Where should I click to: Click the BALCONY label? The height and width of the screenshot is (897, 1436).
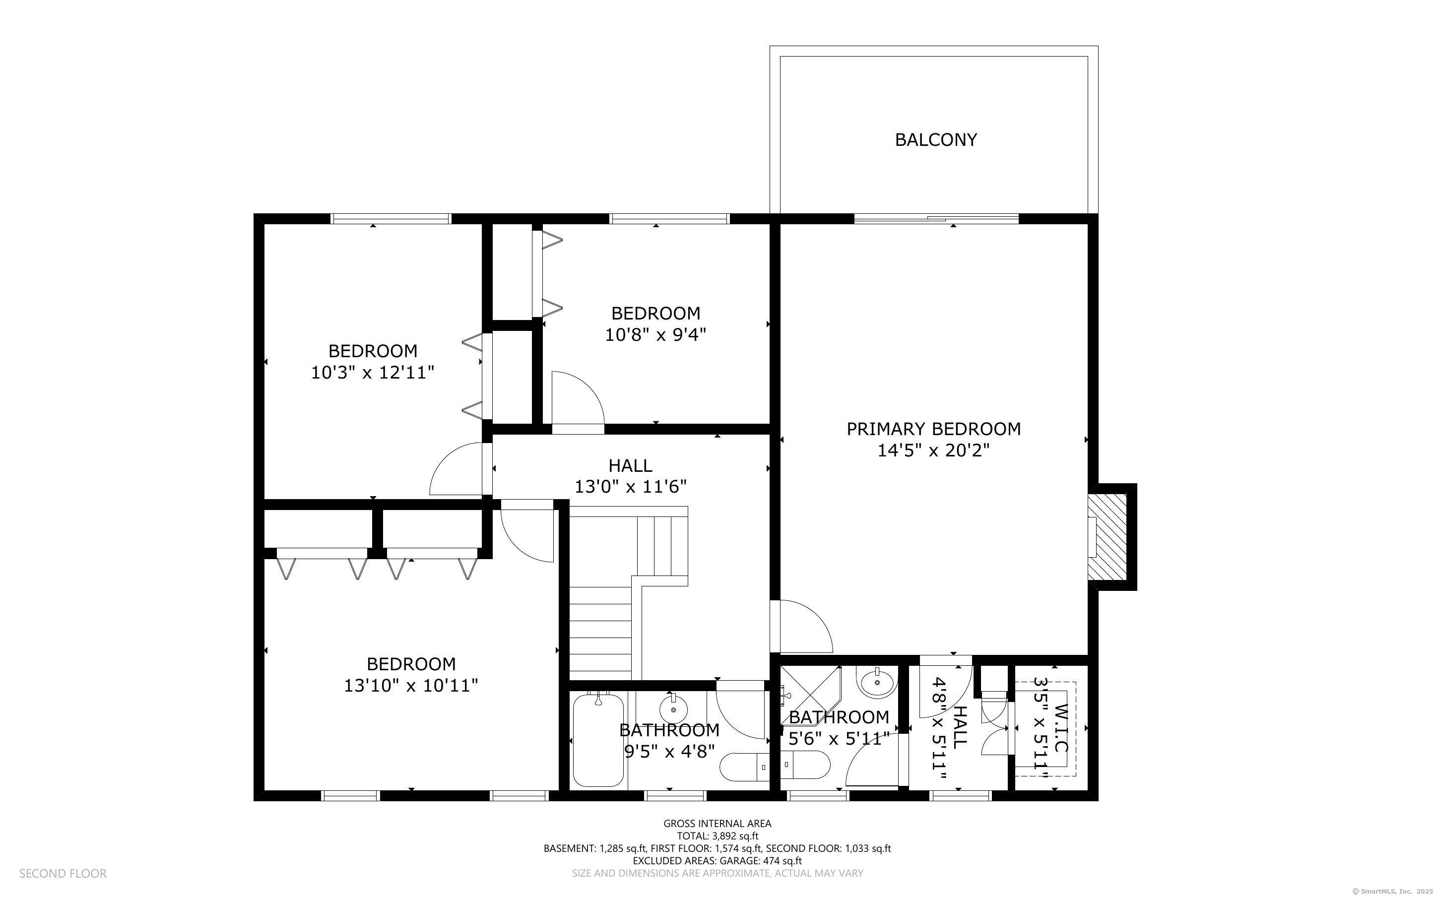coord(935,140)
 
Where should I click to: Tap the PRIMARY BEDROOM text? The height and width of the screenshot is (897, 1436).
coord(933,429)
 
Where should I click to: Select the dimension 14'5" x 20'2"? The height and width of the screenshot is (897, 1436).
coord(933,451)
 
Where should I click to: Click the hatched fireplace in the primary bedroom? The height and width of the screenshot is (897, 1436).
coord(1108,537)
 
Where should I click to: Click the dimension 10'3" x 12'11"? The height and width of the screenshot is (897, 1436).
coord(373,373)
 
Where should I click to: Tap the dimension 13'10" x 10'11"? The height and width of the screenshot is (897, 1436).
coord(410,686)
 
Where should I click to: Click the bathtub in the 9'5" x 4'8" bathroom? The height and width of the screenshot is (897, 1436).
coord(598,740)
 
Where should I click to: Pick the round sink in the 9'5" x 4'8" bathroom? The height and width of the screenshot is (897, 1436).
coord(673,708)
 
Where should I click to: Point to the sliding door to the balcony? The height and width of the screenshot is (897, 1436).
coord(936,219)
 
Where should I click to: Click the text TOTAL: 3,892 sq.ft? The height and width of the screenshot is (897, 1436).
coord(717,836)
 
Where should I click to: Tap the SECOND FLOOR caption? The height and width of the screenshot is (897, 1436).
coord(63,873)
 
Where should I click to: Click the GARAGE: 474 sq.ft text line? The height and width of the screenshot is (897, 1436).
coord(717,861)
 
